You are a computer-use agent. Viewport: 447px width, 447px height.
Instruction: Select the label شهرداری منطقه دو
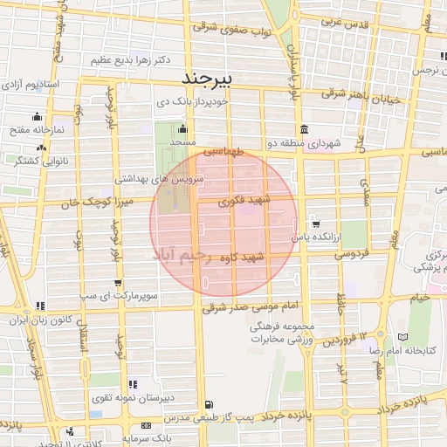pyautogui.click(x=315, y=142)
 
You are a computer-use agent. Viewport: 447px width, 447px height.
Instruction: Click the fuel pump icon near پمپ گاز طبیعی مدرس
pyautogui.click(x=208, y=404)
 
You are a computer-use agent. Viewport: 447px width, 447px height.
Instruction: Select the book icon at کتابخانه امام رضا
pyautogui.click(x=402, y=337)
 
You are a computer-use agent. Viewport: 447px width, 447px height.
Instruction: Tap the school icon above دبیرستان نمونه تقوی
pyautogui.click(x=132, y=384)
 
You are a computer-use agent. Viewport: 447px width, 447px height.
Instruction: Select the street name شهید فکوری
pyautogui.click(x=251, y=201)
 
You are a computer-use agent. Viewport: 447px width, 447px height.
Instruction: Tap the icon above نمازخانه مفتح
pyautogui.click(x=36, y=116)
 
